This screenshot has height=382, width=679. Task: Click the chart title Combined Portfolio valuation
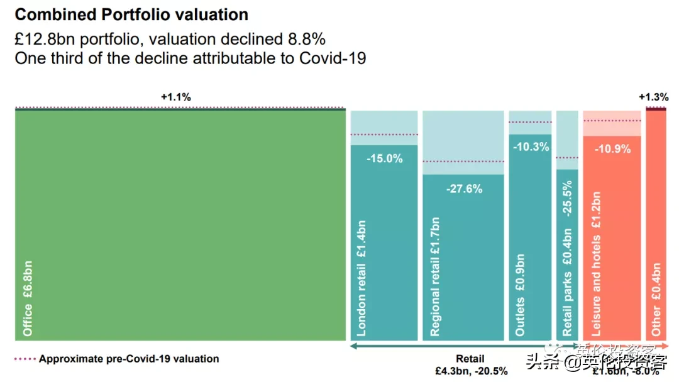click(131, 14)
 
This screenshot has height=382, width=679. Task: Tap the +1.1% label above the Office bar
click(175, 97)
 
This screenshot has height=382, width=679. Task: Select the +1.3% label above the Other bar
click(653, 97)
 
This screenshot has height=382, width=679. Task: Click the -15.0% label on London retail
click(384, 158)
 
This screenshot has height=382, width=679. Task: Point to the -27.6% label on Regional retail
click(463, 188)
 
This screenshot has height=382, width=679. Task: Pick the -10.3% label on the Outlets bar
click(531, 147)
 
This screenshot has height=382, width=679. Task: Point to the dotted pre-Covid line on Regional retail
click(463, 161)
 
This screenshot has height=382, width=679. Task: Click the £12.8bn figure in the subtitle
click(44, 39)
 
